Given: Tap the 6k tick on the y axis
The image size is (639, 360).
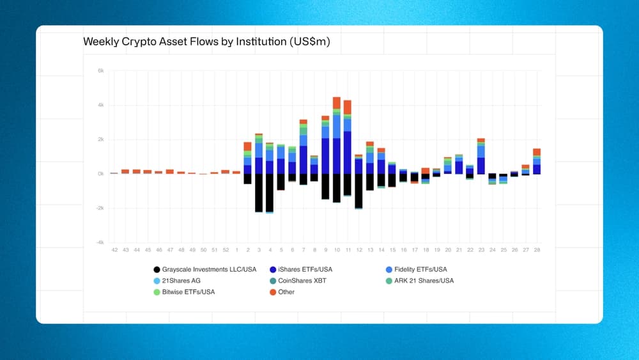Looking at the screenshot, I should pos(100,71).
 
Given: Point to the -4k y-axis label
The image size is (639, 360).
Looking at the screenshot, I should pos(100,242).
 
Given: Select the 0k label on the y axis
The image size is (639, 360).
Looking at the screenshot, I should pos(100,174).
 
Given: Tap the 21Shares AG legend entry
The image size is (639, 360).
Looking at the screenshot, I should pos(181,280).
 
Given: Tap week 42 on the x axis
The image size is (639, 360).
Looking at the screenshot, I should pos(114,249).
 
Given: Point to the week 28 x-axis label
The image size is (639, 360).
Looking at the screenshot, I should pos(537,249).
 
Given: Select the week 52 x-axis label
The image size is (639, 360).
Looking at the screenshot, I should pos(225,249).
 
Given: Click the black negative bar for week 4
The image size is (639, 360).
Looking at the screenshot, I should pos(270,192).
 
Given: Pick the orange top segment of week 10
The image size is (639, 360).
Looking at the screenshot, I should pos(337,103).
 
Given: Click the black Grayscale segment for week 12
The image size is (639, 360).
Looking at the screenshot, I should pos(359,190).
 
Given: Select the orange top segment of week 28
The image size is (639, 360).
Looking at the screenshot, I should pos(537,152).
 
